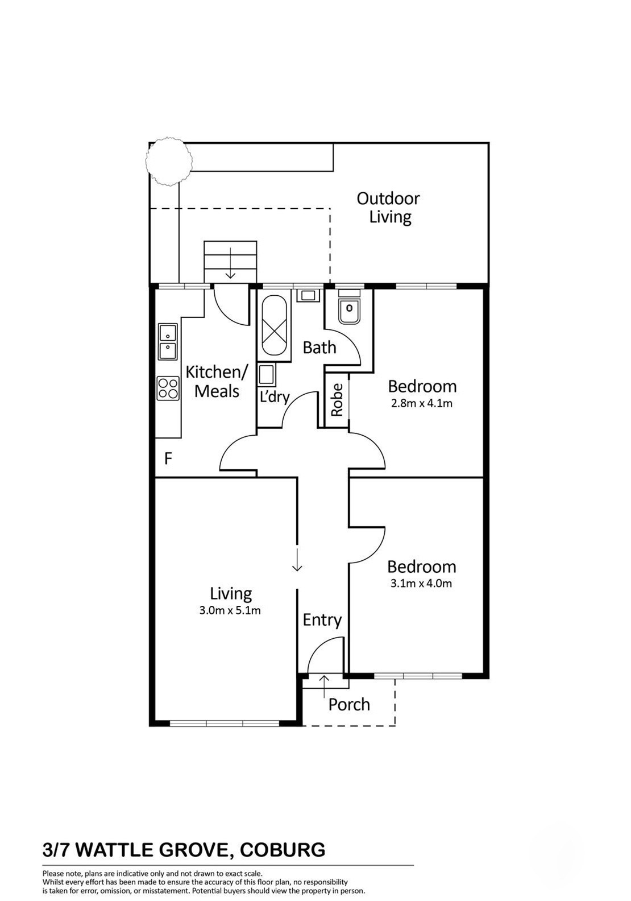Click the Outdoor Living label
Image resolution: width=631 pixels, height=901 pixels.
(388, 208)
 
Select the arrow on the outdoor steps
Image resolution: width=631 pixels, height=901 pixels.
(230, 263)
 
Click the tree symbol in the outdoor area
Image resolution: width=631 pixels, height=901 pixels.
(168, 160)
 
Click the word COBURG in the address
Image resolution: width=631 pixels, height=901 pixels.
(282, 850)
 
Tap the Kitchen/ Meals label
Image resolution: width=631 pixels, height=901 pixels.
(217, 381)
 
